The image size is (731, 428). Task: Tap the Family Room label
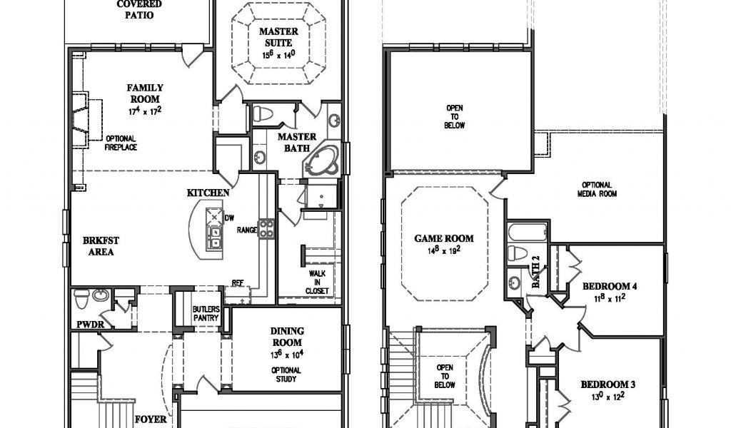click(x=145, y=93)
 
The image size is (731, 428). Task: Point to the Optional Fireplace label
click(x=121, y=143)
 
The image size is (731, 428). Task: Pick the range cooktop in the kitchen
click(x=266, y=228)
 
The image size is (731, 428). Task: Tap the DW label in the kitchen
click(x=229, y=218)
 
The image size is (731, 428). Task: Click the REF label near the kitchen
click(x=238, y=282)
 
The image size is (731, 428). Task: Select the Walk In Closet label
click(x=318, y=282)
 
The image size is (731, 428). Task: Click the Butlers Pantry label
click(x=206, y=313)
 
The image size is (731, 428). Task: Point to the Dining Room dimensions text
click(x=287, y=355)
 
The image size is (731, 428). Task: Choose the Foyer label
click(x=151, y=419)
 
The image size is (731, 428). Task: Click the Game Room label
click(x=444, y=239)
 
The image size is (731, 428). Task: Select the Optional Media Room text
click(x=599, y=189)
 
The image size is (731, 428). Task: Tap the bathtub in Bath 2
click(x=528, y=233)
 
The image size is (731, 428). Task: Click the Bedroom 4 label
click(x=609, y=287)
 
